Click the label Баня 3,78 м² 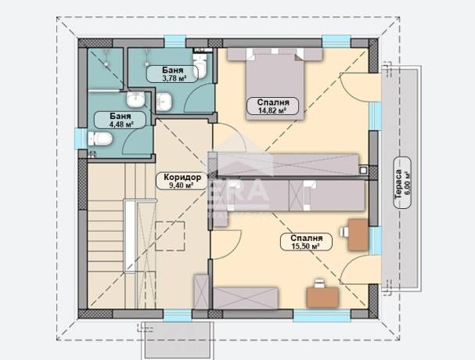172,74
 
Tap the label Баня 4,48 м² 121,120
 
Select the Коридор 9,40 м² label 182,181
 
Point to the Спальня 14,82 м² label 272,106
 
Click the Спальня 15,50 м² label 306,242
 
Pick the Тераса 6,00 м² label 402,182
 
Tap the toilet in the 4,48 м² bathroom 100,139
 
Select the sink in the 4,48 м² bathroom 135,99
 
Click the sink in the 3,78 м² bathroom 164,101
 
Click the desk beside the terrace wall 358,235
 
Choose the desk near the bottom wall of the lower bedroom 322,297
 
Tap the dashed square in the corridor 170,236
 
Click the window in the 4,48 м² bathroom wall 81,139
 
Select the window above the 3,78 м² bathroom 175,41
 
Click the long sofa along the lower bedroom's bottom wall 246,298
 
